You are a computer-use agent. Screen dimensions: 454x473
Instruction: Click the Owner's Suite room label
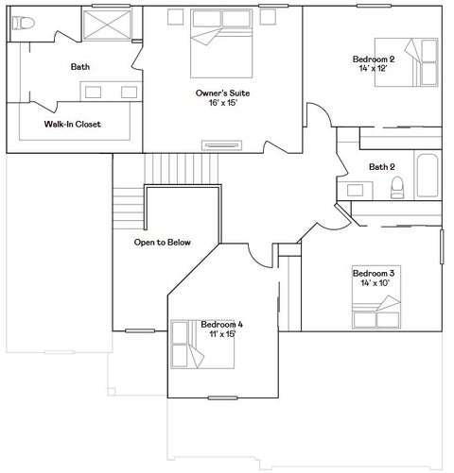coord(222,93)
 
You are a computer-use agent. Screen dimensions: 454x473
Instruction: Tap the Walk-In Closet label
coord(73,124)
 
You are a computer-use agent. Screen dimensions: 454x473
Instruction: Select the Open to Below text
coord(163,243)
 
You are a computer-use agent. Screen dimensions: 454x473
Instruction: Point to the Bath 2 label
coord(382,167)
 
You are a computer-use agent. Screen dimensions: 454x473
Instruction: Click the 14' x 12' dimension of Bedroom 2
coord(373,68)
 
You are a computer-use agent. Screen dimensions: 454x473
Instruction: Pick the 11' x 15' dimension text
coord(222,334)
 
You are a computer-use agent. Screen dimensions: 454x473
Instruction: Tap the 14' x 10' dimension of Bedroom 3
coord(375,283)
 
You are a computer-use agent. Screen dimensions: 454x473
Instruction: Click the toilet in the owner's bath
coord(24,24)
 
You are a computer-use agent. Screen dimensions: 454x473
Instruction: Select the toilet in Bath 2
coord(397,188)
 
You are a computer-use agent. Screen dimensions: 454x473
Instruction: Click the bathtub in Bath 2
coord(428,176)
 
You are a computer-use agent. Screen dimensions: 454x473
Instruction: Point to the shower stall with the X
coord(107,25)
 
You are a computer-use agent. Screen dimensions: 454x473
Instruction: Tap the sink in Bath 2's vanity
coord(355,190)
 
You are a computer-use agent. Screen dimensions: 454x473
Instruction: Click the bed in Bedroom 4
coord(202,345)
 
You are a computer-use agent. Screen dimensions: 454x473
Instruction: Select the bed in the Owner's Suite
coord(221,43)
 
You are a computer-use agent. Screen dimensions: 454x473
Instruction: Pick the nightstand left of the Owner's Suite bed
coord(175,17)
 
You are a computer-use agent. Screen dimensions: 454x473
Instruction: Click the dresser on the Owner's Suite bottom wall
coord(222,145)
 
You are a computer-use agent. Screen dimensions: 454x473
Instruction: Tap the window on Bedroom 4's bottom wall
coord(222,398)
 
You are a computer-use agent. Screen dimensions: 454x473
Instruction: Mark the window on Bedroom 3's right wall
coord(442,246)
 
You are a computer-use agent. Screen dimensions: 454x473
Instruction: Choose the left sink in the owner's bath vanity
coord(94,93)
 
